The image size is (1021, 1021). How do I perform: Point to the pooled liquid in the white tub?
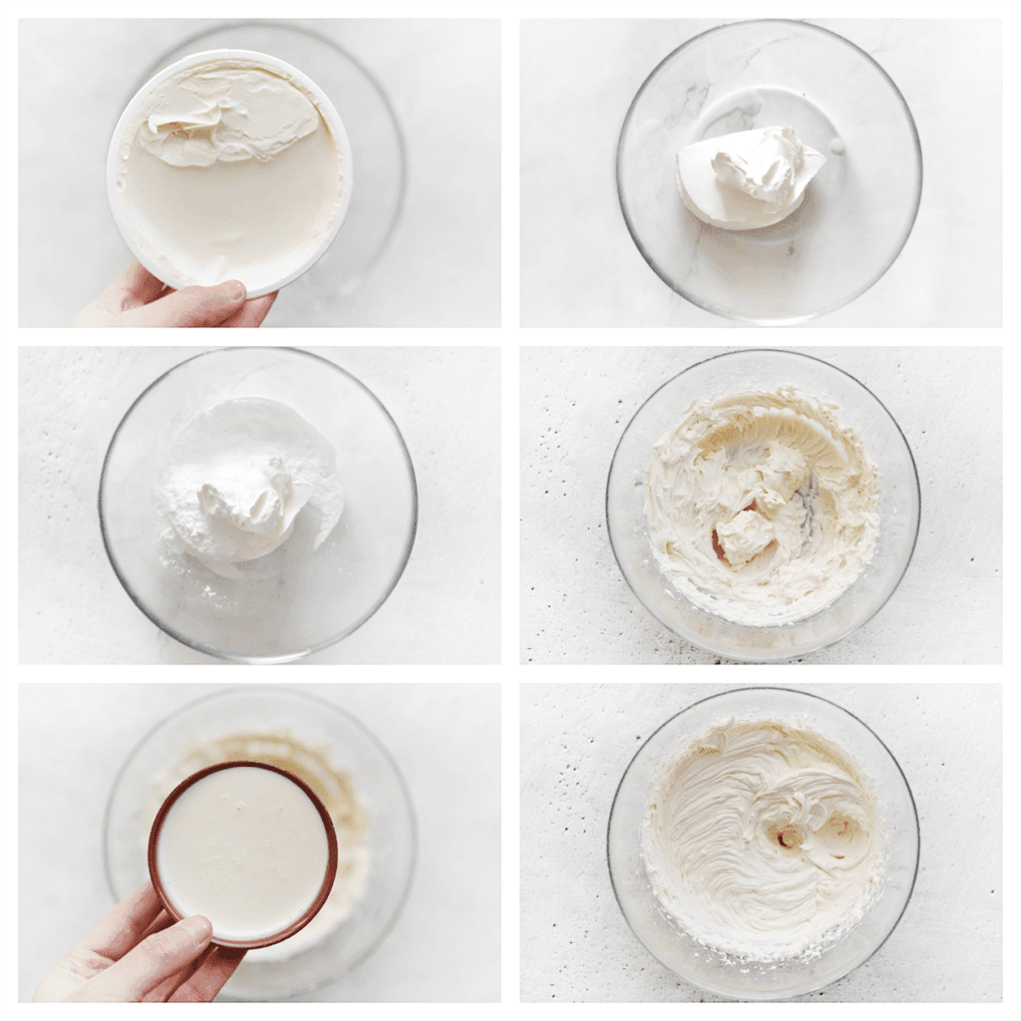point(234,214)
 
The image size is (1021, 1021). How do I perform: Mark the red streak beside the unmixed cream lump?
point(719,544)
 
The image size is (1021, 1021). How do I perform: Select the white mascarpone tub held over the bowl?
point(229,170)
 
